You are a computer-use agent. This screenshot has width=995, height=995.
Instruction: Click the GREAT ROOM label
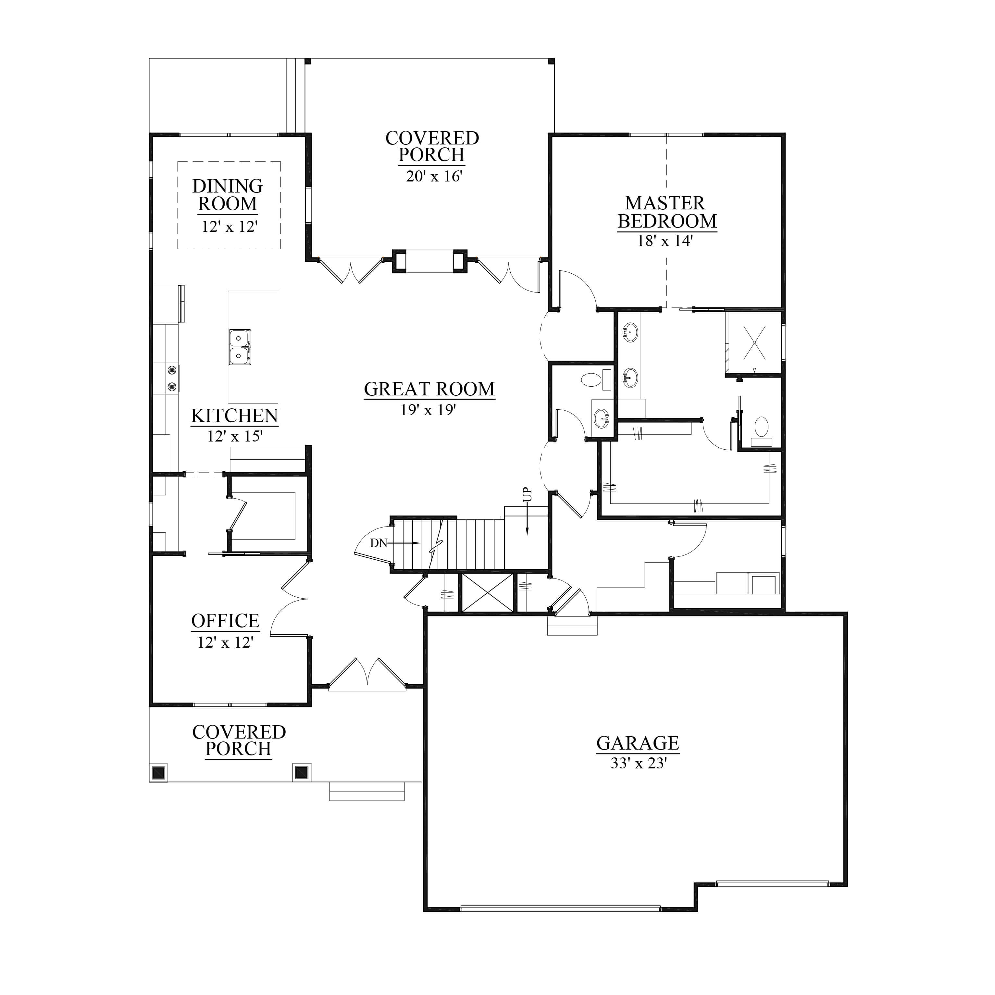(429, 389)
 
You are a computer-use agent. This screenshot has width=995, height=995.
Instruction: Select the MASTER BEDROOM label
(667, 212)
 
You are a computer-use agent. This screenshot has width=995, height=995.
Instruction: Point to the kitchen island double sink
(240, 347)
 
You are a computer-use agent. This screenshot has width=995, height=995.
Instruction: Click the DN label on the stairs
(379, 543)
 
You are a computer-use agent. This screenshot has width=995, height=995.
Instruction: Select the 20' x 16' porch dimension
(434, 176)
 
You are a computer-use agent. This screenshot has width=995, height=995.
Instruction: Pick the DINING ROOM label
(228, 195)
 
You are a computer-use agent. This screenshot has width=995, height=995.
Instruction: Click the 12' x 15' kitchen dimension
(235, 436)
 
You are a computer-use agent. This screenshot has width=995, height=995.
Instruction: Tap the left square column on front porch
(159, 773)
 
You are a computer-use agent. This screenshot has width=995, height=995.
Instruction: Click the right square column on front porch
(301, 773)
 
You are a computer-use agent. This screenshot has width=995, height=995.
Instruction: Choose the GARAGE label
(638, 743)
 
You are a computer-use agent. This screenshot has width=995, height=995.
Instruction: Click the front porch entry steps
(367, 791)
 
